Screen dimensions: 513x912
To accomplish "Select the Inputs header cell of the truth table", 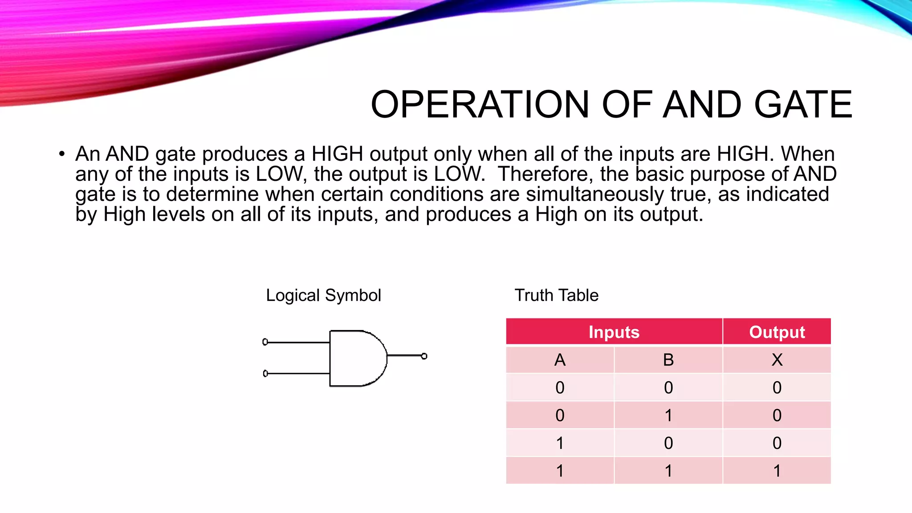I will [614, 332].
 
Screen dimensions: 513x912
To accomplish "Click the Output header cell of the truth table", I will [777, 332].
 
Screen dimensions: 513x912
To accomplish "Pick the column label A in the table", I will [560, 360].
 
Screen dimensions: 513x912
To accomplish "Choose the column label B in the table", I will [668, 360].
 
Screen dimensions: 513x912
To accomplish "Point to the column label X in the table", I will [777, 360].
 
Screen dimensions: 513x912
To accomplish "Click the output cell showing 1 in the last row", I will [777, 471].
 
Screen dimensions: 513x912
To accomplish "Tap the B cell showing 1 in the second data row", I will [668, 415].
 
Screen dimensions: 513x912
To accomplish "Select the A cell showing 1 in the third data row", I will [560, 443].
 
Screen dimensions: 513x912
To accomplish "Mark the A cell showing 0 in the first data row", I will [560, 387].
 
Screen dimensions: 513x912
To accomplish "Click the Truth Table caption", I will [556, 295].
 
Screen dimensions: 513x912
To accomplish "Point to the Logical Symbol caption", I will [323, 295].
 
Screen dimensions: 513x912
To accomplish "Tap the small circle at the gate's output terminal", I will [424, 356].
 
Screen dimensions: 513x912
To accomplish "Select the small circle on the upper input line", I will [265, 342].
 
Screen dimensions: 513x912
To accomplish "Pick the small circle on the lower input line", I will [265, 373].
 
